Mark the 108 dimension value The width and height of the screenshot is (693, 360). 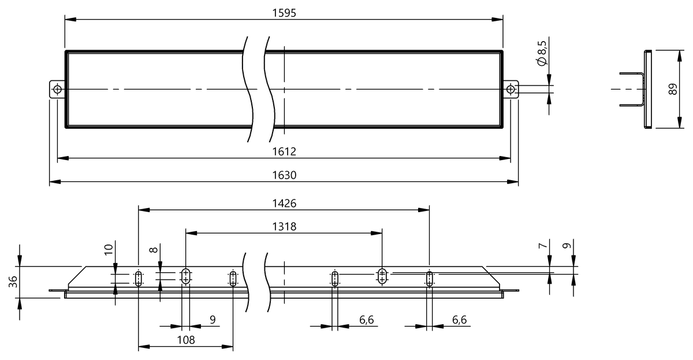[x=185, y=340]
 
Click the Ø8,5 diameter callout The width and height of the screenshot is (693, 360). [x=542, y=54]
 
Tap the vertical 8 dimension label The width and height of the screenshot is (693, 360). [x=152, y=250]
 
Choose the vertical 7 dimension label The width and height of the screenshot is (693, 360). [x=542, y=246]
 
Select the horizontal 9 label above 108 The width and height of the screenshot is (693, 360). [x=212, y=319]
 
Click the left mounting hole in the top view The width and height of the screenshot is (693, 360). [x=57, y=89]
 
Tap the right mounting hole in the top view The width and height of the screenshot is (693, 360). [x=511, y=89]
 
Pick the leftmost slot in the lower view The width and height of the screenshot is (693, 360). [x=138, y=279]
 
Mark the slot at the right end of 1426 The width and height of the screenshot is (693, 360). [x=429, y=279]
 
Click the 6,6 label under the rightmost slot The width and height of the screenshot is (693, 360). [x=460, y=319]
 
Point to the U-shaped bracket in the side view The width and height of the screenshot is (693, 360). [x=634, y=90]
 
